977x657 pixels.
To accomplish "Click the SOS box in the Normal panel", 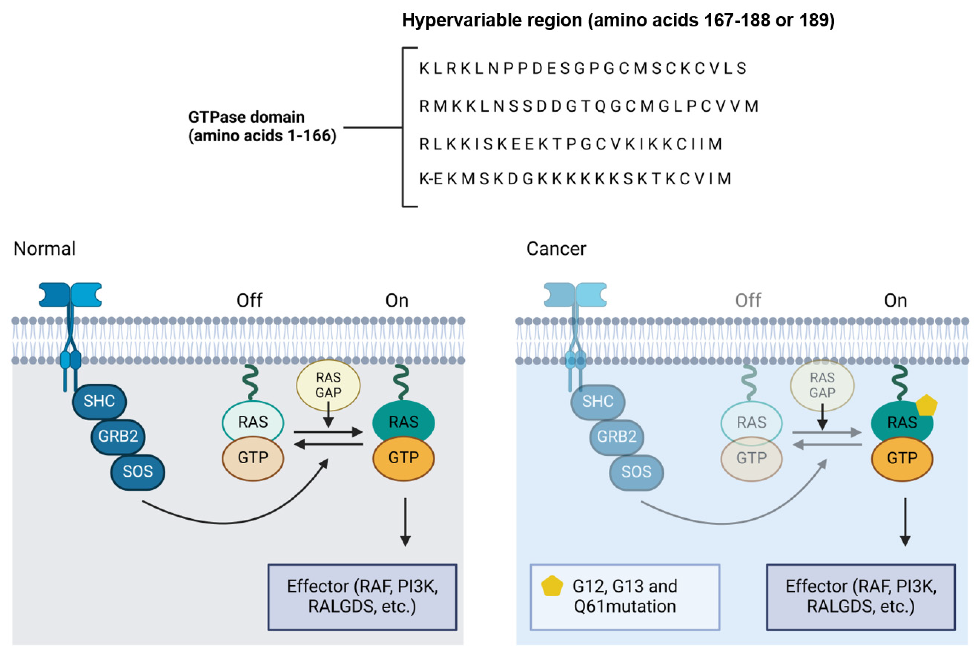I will click(137, 472).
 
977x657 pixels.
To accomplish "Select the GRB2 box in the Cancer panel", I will click(617, 437).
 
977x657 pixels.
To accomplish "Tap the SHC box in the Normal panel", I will click(99, 401).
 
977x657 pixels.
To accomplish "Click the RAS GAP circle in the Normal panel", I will click(328, 385).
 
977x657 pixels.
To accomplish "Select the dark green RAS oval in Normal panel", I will click(403, 421).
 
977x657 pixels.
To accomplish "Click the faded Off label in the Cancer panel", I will click(748, 300).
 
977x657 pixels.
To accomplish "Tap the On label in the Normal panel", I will click(396, 300).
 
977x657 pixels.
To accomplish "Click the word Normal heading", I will click(44, 248).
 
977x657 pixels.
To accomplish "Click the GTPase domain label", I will click(262, 126).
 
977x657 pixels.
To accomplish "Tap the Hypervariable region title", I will click(618, 20).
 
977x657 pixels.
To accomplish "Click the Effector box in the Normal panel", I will click(362, 597).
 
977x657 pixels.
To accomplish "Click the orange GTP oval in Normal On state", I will click(403, 457).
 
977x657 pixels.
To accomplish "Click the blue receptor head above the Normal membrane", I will click(70, 295).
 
